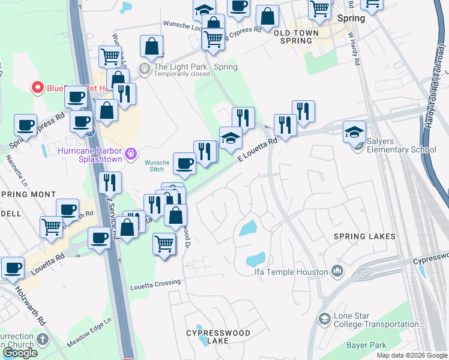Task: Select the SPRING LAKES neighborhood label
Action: [365, 236]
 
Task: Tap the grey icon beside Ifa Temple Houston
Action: [337, 272]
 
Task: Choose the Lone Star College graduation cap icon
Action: [325, 318]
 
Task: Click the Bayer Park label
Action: [366, 345]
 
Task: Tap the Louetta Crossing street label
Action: [155, 282]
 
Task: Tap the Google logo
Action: [19, 353]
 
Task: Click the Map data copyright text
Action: [412, 355]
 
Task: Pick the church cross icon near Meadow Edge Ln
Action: [42, 340]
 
